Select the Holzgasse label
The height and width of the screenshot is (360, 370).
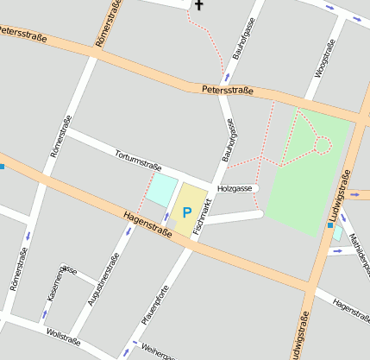point(235,187)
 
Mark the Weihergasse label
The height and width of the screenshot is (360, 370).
point(155,352)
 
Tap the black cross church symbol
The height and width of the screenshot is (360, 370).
point(199,5)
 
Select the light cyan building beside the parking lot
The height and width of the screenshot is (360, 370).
point(160,191)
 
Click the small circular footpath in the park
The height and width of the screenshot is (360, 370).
point(322,145)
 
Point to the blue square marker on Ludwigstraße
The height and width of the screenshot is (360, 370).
point(329,224)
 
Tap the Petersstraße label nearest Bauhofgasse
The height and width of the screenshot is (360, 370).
point(227,90)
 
